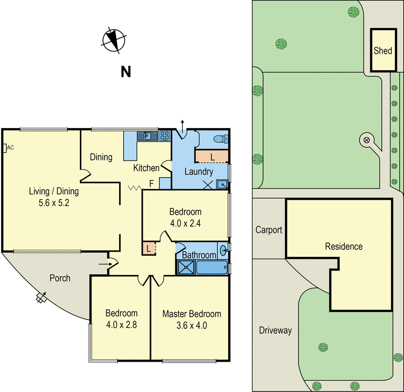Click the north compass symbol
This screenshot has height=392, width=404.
(115, 40)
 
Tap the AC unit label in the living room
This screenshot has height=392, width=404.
(8, 148)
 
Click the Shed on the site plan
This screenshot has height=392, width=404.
(383, 50)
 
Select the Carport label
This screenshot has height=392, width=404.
(269, 230)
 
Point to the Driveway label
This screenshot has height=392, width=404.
(275, 331)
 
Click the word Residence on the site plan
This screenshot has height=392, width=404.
(343, 247)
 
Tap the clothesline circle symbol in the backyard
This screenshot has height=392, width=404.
(367, 140)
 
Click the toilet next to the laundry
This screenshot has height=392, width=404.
(220, 139)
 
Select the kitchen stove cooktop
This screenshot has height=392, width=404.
(165, 135)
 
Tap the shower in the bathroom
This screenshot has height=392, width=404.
(185, 267)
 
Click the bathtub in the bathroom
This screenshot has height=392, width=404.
(213, 267)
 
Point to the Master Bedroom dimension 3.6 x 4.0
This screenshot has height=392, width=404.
(191, 325)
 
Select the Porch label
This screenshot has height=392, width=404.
(60, 278)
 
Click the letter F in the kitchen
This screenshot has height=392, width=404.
(151, 184)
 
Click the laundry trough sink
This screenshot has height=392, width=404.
(222, 185)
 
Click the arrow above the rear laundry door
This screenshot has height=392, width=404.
(183, 124)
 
